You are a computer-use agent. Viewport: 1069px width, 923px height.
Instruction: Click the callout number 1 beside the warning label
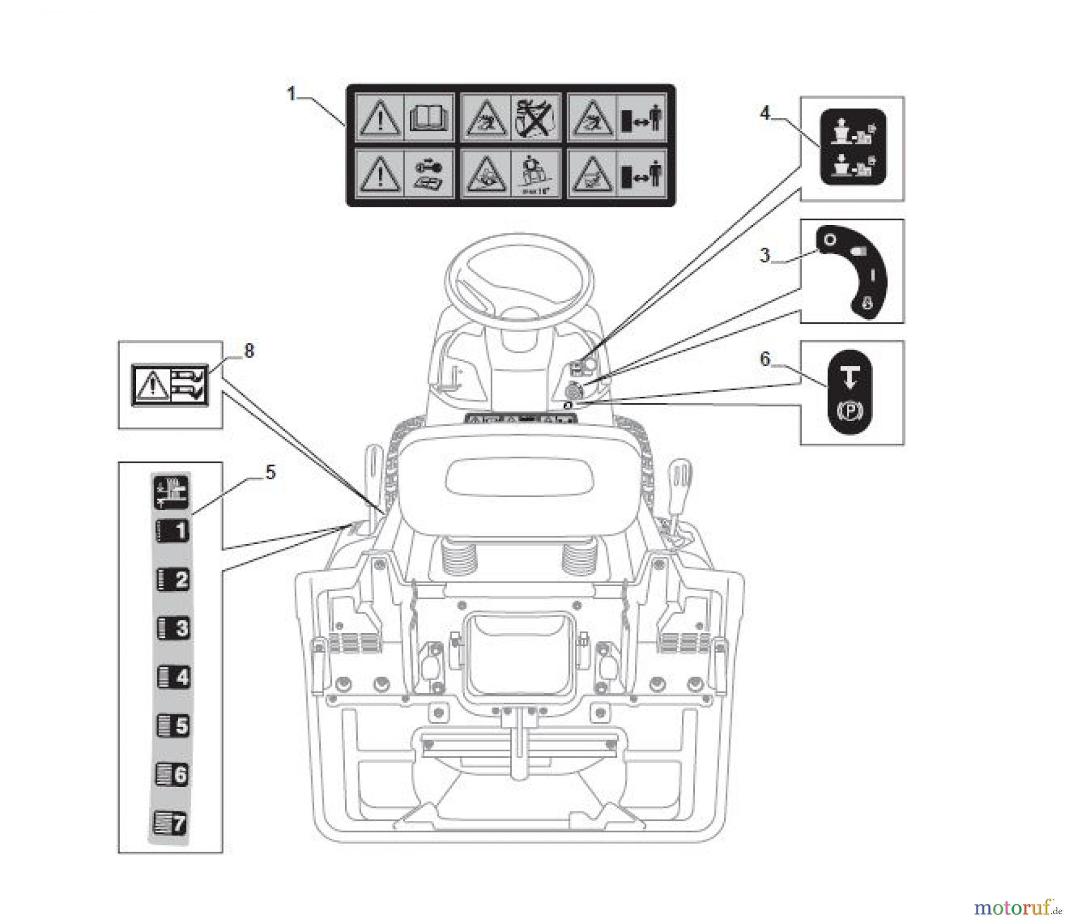(292, 94)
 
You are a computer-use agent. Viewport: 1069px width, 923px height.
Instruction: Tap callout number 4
(765, 113)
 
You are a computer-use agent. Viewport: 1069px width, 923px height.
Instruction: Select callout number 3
(765, 255)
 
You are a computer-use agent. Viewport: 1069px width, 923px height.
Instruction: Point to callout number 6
(765, 359)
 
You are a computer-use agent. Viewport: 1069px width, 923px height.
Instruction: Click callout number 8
(249, 351)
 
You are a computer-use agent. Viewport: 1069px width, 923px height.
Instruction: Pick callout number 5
(270, 473)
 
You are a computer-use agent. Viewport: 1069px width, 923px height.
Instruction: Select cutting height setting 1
(172, 530)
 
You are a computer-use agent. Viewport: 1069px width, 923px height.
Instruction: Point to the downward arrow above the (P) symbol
(850, 376)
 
